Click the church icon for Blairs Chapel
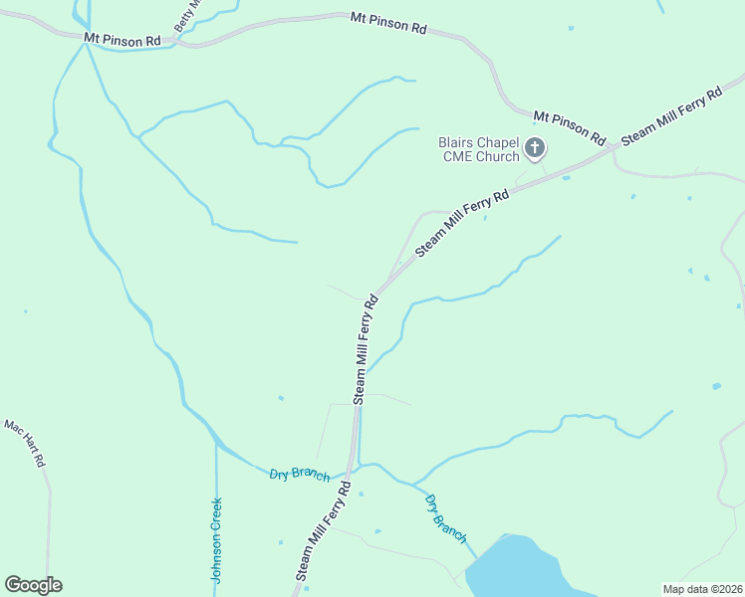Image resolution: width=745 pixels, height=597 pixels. [x=535, y=149]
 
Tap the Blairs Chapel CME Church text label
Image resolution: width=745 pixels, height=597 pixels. [x=479, y=149]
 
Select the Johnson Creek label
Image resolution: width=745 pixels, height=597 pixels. [x=215, y=539]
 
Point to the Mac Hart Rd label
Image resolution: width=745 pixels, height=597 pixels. [x=26, y=445]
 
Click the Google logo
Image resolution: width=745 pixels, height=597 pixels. [x=33, y=585]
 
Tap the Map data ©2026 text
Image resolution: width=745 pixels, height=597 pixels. [x=702, y=589]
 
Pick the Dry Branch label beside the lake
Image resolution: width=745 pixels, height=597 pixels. [x=445, y=518]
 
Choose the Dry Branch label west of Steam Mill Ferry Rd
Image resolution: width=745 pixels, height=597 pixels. [x=299, y=475]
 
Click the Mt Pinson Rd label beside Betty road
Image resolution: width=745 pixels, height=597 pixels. [x=123, y=40]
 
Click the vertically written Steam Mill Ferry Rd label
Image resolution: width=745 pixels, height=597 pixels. [x=364, y=348]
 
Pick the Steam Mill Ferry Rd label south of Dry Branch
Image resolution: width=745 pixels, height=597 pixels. [x=324, y=532]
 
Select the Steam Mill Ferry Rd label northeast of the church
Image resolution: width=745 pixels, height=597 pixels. [x=671, y=115]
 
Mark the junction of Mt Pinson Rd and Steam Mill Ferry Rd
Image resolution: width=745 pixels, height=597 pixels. [x=611, y=148]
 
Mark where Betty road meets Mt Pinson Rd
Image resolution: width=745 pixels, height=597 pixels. [x=176, y=42]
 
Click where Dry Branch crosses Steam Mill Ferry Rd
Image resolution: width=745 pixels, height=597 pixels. [x=353, y=468]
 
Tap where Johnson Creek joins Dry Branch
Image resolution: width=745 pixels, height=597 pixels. [x=216, y=444]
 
